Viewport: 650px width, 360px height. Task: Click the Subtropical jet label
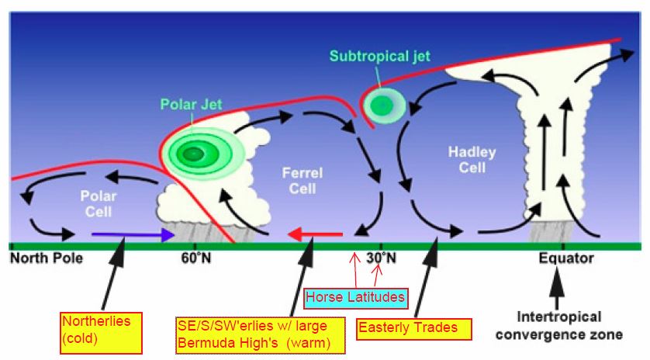(380, 56)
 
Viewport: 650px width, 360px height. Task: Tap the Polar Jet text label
(191, 104)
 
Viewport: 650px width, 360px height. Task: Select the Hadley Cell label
(472, 160)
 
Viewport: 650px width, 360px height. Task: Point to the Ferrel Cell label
(303, 181)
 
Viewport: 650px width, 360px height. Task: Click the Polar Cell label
(99, 203)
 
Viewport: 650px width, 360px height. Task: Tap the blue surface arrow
(133, 235)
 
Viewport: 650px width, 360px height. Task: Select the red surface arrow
(315, 235)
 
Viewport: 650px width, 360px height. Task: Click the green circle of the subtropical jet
(382, 106)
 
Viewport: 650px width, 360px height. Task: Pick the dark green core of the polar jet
(191, 154)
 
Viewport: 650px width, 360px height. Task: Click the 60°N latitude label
(196, 258)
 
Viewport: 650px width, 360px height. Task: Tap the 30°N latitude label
(381, 258)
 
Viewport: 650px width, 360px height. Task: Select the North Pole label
(47, 258)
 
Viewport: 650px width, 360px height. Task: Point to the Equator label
(566, 258)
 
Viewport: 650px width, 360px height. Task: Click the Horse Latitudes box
(356, 298)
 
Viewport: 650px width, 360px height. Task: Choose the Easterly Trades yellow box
(413, 329)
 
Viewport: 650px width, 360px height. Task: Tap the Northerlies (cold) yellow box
(101, 333)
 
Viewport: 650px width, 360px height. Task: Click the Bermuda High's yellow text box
(261, 335)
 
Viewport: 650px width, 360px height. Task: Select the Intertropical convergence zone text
(558, 326)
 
